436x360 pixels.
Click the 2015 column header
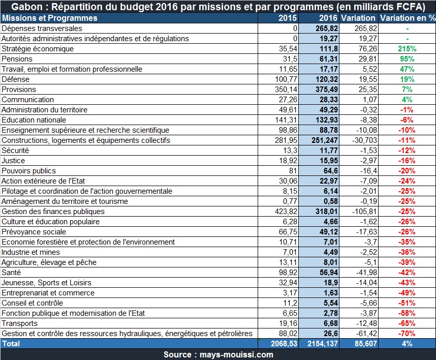pyautogui.click(x=288, y=18)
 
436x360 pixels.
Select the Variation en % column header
pyautogui.click(x=408, y=18)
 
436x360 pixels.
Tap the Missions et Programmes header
pyautogui.click(x=50, y=18)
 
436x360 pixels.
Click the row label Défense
pyautogui.click(x=16, y=79)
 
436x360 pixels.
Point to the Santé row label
pyautogui.click(x=11, y=273)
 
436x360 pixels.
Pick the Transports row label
pyautogui.click(x=19, y=323)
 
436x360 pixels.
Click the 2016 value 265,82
pyautogui.click(x=327, y=28)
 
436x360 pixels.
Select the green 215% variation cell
pyautogui.click(x=407, y=49)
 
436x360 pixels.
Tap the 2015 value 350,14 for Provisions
pyautogui.click(x=286, y=89)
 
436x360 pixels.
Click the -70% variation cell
pyautogui.click(x=407, y=333)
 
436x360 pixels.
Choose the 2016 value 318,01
pyautogui.click(x=327, y=212)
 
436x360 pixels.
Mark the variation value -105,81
pyautogui.click(x=364, y=212)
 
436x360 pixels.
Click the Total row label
pyautogui.click(x=11, y=344)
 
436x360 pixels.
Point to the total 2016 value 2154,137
pyautogui.click(x=323, y=344)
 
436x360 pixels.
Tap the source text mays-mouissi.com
pyautogui.click(x=236, y=354)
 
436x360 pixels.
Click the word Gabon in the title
pyautogui.click(x=27, y=7)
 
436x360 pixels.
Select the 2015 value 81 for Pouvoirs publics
pyautogui.click(x=293, y=171)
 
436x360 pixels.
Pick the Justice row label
pyautogui.click(x=13, y=161)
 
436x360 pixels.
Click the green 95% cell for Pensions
pyautogui.click(x=407, y=59)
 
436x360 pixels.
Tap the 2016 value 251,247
pyautogui.click(x=325, y=140)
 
